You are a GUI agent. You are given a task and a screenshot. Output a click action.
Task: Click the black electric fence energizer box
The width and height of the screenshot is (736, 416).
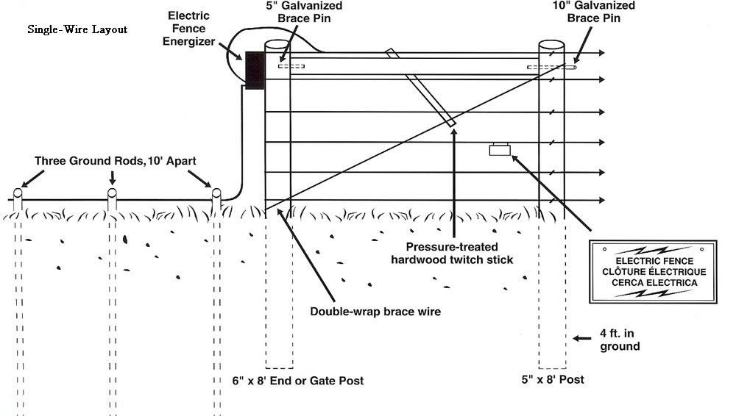(x=255, y=71)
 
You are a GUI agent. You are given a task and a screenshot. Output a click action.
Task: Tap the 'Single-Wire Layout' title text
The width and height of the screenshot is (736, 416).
(x=77, y=29)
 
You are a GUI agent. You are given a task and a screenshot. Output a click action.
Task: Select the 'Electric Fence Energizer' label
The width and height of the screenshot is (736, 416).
(x=188, y=29)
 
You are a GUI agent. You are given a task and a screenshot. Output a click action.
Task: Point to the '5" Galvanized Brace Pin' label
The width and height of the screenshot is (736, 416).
(x=304, y=12)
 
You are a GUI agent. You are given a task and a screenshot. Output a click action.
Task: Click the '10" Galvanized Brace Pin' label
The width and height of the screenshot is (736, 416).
(x=594, y=12)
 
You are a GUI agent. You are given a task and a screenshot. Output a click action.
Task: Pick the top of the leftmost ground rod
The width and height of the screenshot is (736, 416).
(x=18, y=193)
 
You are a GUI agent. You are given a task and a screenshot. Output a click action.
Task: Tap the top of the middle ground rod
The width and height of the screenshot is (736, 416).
(x=112, y=193)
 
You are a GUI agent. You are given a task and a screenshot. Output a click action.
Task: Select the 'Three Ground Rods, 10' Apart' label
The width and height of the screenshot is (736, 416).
(x=116, y=161)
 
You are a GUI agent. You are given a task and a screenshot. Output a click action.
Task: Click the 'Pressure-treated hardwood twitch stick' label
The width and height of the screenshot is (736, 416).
(x=452, y=254)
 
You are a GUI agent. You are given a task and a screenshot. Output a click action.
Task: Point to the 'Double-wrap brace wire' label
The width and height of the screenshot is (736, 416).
(x=375, y=312)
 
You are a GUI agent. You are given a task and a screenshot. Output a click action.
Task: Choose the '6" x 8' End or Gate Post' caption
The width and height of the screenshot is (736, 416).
(x=298, y=381)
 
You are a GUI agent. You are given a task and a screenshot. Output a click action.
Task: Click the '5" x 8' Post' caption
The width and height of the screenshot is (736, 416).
(x=553, y=379)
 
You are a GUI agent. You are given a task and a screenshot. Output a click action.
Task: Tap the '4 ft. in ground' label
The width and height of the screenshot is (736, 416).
(x=620, y=340)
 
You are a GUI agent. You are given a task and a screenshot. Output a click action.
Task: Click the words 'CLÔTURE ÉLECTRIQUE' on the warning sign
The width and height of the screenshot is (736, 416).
(x=654, y=271)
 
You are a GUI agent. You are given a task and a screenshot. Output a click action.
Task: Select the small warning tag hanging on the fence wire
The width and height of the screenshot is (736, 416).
(x=500, y=149)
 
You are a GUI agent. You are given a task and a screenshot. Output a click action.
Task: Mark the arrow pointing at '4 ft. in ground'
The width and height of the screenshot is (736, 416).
(x=582, y=338)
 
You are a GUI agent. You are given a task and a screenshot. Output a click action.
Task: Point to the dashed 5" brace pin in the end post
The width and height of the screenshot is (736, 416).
(x=291, y=66)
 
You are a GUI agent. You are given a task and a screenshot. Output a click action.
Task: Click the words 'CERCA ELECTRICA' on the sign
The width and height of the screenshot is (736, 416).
(x=654, y=283)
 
